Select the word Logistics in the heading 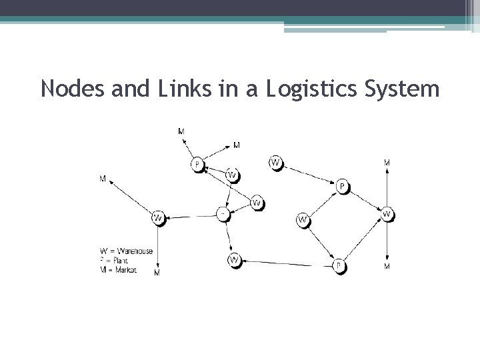[309, 88]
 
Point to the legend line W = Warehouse [127, 251]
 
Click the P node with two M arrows [197, 163]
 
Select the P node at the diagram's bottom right [339, 266]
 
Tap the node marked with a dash [223, 214]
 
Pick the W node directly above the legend [158, 217]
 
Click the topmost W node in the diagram [275, 162]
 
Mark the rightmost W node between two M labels [387, 215]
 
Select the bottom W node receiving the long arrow [235, 259]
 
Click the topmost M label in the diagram [181, 131]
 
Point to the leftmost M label [103, 179]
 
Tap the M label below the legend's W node [157, 273]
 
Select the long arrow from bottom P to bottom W [287, 263]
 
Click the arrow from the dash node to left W [191, 216]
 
